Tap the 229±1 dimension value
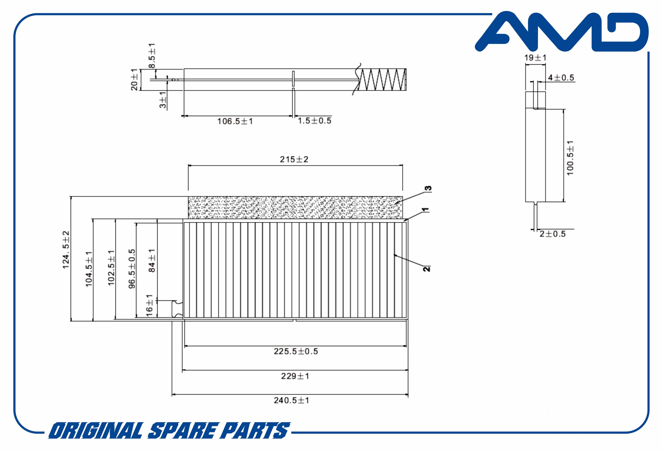point(295,376)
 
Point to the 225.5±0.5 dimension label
point(296,351)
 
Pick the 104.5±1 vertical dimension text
point(89,269)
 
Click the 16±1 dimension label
point(149,305)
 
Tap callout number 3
point(428,188)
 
